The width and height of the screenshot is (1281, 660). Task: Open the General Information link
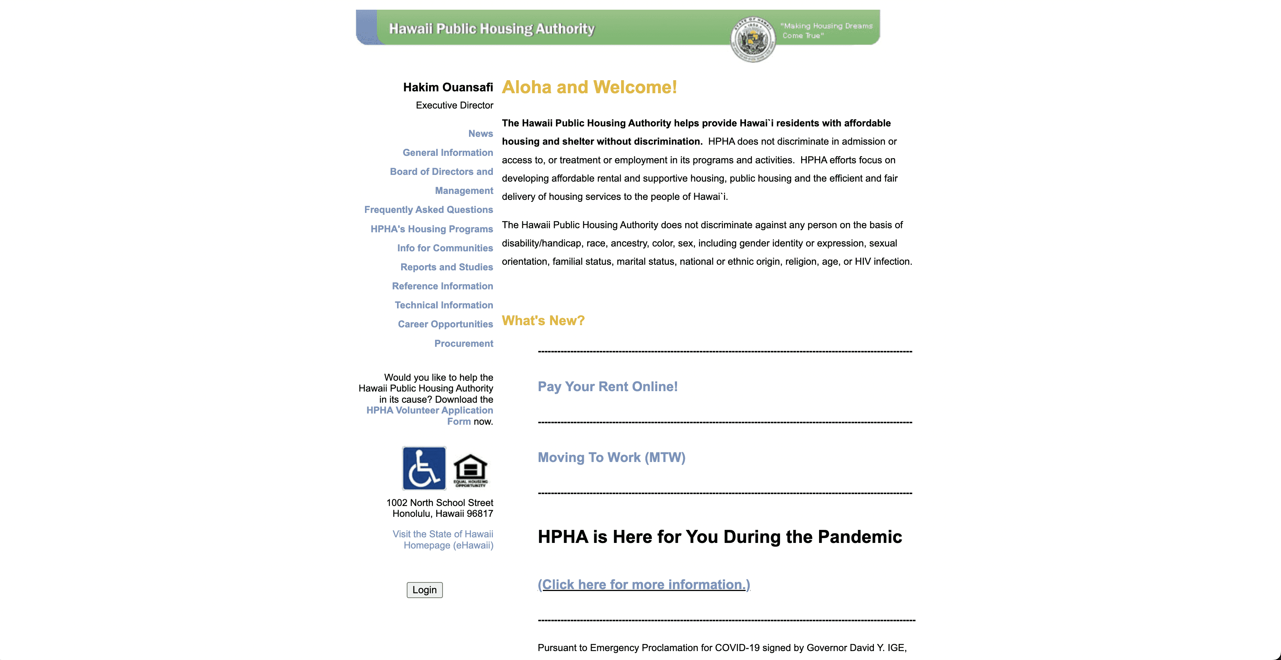[447, 153]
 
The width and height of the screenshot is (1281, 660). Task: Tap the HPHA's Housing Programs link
[432, 229]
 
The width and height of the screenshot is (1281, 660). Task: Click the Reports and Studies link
[447, 267]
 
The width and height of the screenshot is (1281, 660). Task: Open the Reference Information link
[442, 286]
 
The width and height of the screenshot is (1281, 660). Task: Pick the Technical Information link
[444, 305]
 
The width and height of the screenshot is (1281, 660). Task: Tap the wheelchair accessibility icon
[424, 468]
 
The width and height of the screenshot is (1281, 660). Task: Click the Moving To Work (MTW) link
[611, 458]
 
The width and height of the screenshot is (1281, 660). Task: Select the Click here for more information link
[643, 584]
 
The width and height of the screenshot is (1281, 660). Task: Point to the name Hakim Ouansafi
[447, 88]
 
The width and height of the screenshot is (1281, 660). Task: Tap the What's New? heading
[543, 321]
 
